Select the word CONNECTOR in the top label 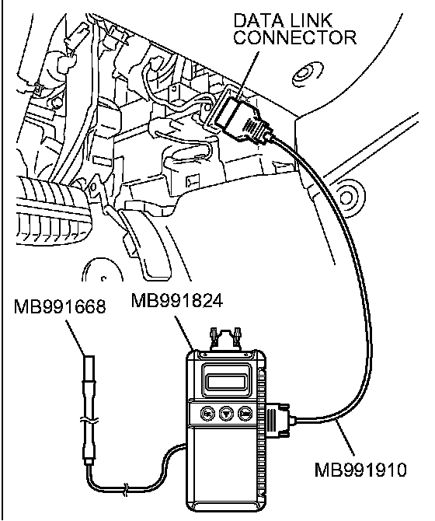tap(295, 37)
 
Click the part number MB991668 tap(60, 306)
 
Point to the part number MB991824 tap(177, 301)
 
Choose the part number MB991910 tap(360, 470)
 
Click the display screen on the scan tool tap(228, 379)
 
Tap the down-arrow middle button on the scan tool tap(227, 414)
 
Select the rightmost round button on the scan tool tap(245, 414)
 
